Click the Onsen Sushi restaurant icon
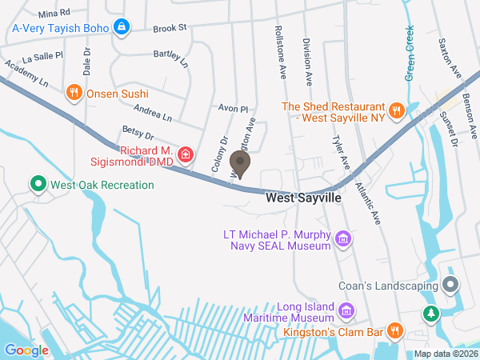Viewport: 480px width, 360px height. [x=74, y=92]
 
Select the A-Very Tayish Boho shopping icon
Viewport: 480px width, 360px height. [x=121, y=27]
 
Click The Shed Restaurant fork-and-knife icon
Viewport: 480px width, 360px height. [x=395, y=110]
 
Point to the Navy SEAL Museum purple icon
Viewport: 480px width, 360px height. [x=343, y=238]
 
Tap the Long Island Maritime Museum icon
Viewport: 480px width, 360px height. [x=346, y=310]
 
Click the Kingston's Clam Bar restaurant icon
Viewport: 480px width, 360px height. [x=394, y=330]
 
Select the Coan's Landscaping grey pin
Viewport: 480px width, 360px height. [x=450, y=284]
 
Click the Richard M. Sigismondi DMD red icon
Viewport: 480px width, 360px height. [x=186, y=154]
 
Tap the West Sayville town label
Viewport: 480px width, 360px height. [x=303, y=196]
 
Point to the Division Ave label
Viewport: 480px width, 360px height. [x=307, y=60]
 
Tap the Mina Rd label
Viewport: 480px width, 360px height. [x=54, y=14]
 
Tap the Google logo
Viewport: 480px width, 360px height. [x=26, y=350]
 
